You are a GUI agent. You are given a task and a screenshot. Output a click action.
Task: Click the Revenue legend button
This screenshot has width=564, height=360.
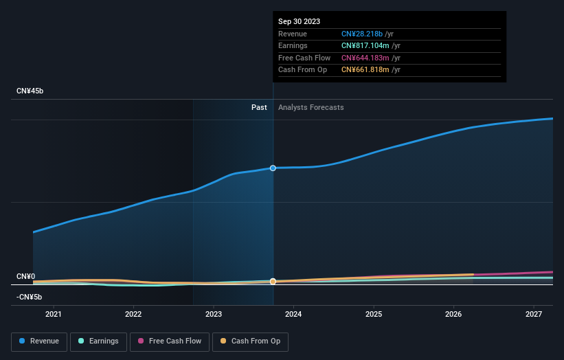[39, 341]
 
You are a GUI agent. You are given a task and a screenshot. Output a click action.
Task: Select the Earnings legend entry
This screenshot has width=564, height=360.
[98, 341]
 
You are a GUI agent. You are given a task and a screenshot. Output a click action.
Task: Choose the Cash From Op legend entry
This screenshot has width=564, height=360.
[251, 341]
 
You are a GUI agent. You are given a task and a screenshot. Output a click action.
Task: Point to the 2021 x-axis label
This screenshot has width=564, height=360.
[53, 315]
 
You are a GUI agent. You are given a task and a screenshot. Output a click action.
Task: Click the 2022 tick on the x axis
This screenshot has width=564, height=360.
[133, 315]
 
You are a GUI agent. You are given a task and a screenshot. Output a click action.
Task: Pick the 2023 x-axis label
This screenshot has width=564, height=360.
[213, 315]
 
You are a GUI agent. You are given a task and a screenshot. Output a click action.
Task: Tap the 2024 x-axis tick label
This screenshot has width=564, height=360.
[293, 315]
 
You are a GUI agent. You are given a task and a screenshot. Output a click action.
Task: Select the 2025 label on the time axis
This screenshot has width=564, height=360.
[374, 315]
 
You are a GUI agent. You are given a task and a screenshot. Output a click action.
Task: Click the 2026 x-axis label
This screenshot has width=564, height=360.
[453, 315]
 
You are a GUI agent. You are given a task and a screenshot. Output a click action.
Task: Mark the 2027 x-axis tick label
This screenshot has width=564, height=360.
[534, 315]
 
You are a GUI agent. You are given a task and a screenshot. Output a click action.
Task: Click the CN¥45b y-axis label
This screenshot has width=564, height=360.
[30, 91]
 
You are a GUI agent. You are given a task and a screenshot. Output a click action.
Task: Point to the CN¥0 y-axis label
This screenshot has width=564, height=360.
[25, 276]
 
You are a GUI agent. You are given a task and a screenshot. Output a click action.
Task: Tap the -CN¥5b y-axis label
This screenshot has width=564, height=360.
[29, 297]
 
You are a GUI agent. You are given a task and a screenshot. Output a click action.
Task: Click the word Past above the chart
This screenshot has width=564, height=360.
[259, 107]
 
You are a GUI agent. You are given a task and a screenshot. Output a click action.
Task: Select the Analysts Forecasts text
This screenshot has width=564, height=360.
[311, 107]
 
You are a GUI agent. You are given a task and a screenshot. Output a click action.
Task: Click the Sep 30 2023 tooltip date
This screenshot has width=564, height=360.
[300, 21]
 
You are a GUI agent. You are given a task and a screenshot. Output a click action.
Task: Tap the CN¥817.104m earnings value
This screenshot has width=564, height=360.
[364, 46]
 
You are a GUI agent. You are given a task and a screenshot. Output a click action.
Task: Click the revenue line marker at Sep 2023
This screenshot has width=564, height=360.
[273, 168]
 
